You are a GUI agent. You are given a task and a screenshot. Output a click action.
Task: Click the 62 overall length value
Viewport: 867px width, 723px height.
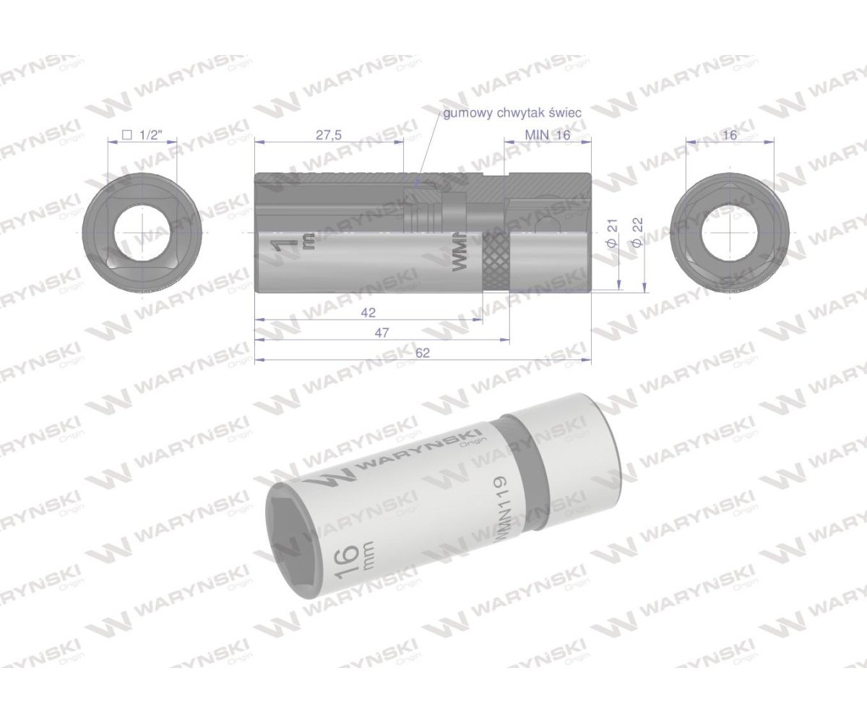coord(423,352)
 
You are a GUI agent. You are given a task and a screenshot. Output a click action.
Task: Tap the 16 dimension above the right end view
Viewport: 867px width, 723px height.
coord(729,134)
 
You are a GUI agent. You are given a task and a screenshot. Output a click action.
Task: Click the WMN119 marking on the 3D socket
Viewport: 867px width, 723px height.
coord(499,506)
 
